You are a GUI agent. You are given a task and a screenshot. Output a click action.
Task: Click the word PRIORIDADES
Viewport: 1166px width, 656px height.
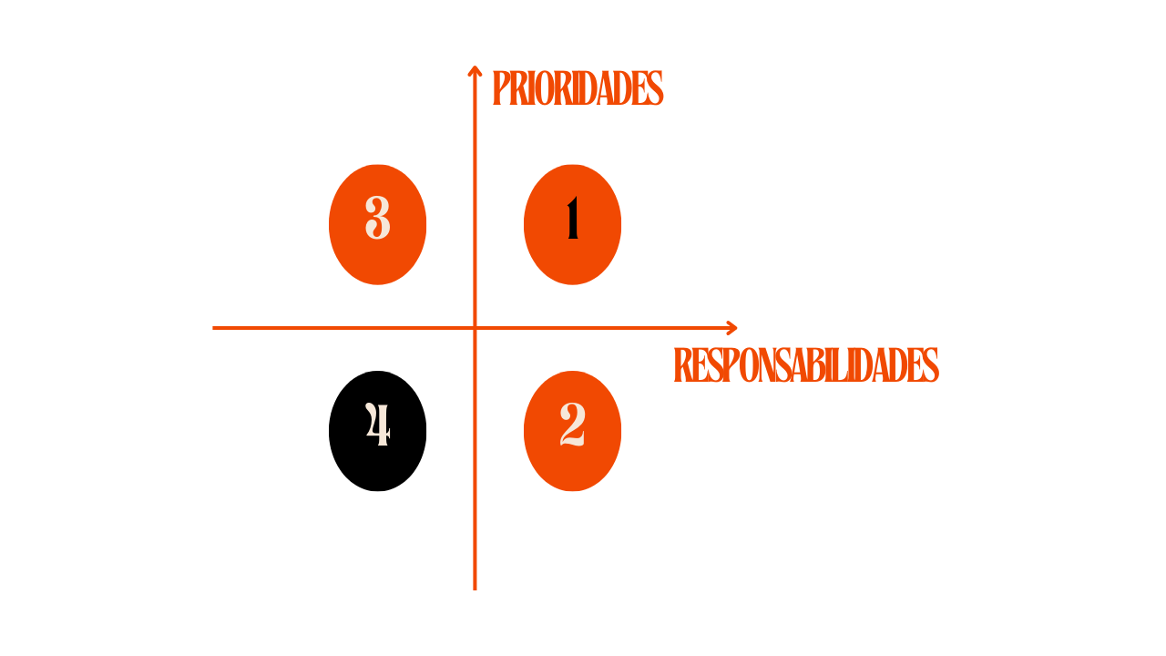577,89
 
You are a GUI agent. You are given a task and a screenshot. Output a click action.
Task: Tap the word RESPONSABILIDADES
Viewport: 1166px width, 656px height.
805,365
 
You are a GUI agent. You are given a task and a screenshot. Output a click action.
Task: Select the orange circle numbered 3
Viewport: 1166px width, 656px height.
378,224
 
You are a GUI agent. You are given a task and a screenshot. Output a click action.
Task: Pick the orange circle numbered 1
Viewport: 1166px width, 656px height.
572,224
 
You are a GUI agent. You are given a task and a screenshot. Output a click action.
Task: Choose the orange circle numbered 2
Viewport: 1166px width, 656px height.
572,431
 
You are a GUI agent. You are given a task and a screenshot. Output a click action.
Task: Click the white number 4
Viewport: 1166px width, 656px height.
378,425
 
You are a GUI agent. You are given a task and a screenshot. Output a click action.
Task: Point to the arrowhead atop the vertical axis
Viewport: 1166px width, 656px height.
475,69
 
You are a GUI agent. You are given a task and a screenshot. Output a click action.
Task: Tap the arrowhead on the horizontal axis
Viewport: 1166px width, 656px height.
732,328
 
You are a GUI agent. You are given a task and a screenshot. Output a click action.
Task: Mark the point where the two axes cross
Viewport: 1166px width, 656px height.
475,328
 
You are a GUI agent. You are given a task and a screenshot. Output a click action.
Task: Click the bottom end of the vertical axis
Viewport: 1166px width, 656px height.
475,588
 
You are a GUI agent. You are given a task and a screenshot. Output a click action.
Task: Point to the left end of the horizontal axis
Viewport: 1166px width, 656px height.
215,328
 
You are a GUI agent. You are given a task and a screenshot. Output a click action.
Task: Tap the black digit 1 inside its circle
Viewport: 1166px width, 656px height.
573,221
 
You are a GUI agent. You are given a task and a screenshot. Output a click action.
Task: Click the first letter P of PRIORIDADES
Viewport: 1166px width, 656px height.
499,89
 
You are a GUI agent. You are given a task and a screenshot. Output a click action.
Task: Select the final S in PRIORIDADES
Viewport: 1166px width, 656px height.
655,89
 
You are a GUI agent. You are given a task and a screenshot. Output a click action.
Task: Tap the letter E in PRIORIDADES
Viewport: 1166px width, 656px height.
640,89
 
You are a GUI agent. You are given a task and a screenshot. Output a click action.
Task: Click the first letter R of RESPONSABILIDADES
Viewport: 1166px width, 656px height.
681,365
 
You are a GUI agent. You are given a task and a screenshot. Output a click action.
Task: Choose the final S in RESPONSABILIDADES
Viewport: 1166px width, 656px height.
930,365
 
